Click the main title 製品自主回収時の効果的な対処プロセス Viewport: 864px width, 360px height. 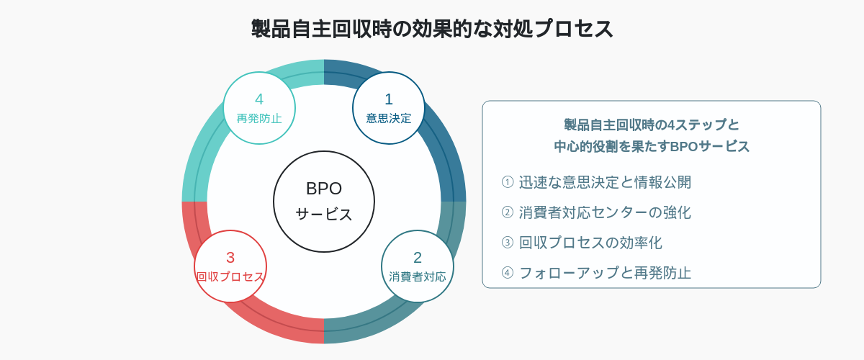[x=432, y=29]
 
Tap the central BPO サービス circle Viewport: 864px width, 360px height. [x=324, y=202]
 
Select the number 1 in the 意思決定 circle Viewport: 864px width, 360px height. [x=389, y=99]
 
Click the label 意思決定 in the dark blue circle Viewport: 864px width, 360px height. [x=389, y=118]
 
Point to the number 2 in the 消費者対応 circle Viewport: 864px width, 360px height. [x=418, y=258]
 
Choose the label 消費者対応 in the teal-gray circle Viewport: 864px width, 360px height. [x=418, y=276]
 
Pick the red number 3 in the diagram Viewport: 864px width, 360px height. [x=230, y=258]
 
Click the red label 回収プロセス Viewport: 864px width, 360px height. [x=230, y=276]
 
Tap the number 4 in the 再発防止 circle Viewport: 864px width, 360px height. [x=259, y=99]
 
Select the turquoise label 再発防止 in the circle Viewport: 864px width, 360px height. [x=259, y=118]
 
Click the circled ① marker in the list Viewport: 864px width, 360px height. [x=508, y=181]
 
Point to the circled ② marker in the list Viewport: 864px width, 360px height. [x=508, y=212]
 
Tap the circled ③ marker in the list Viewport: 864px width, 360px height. [x=508, y=243]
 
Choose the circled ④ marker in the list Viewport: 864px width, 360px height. [x=508, y=273]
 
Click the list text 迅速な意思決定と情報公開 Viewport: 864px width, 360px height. [x=605, y=182]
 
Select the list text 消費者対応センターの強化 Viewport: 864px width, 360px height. [x=605, y=212]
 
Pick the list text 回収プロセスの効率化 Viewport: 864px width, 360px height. [x=590, y=243]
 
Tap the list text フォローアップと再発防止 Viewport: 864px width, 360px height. [x=605, y=273]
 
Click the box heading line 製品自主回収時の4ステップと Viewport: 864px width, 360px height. [x=652, y=125]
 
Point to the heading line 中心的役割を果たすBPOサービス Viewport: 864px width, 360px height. [x=652, y=147]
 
